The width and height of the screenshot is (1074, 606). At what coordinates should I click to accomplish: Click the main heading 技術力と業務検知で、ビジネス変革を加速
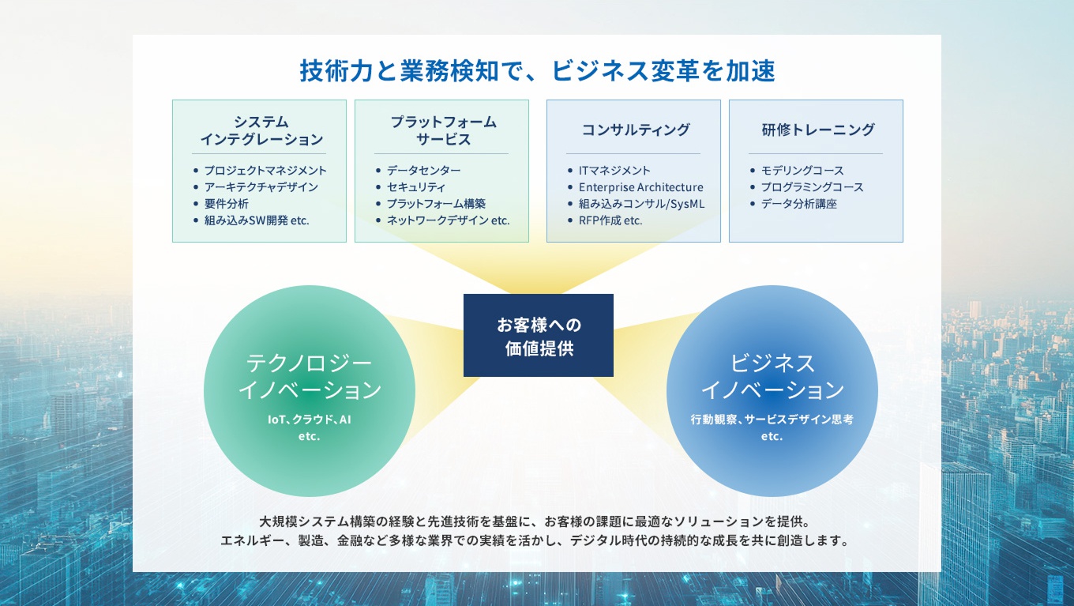[x=537, y=71]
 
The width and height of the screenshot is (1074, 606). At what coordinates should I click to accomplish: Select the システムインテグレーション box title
[x=261, y=130]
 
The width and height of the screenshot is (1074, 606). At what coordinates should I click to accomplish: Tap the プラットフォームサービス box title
[x=443, y=130]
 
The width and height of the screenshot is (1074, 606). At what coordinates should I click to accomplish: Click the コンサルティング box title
[x=635, y=130]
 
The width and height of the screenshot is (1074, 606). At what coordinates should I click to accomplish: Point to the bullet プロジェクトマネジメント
[x=265, y=170]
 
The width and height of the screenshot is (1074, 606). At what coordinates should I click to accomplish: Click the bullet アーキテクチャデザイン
[x=261, y=187]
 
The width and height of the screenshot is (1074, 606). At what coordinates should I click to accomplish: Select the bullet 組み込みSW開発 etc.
[x=256, y=220]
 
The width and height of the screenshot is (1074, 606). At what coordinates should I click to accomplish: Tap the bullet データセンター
[x=423, y=170]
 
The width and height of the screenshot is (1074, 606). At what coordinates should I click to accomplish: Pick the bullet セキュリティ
[x=415, y=187]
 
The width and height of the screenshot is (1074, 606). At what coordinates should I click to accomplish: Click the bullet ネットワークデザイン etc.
[x=448, y=220]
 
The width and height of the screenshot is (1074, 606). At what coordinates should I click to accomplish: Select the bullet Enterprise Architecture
[x=640, y=187]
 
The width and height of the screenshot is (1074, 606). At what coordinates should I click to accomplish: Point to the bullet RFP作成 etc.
[x=610, y=220]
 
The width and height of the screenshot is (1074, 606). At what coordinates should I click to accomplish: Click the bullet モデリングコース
[x=802, y=170]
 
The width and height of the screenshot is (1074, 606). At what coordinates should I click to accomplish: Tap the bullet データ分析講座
[x=798, y=204]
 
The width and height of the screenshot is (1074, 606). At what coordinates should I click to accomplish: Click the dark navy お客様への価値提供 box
[x=539, y=336]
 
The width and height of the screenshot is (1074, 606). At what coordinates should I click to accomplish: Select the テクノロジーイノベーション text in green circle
[x=310, y=376]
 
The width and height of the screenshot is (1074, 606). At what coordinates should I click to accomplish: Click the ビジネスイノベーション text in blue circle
[x=772, y=376]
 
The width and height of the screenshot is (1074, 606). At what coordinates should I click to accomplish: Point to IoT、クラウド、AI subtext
[x=310, y=420]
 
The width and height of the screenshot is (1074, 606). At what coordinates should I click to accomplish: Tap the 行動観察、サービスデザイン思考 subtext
[x=772, y=420]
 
